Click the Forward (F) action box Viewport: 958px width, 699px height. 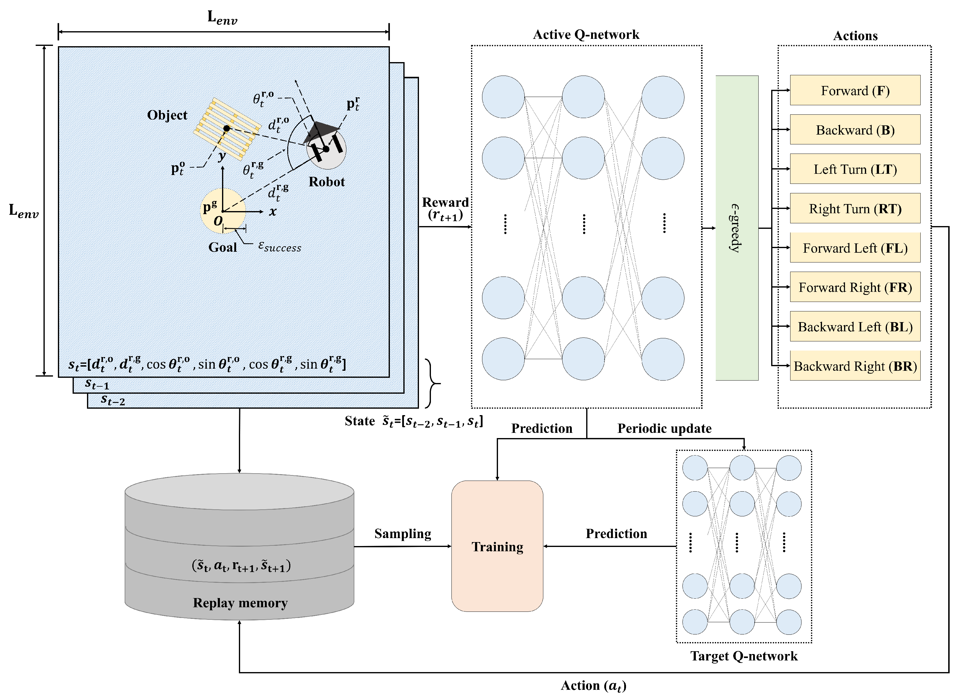855,90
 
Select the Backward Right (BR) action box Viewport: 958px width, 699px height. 855,366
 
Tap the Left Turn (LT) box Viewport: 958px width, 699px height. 855,169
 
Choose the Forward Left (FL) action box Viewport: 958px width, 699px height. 855,247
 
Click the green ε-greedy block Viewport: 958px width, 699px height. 737,228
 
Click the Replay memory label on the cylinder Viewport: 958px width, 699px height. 240,603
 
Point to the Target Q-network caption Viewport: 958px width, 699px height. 743,656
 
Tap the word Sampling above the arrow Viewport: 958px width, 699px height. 402,534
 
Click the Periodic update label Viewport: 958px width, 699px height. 664,428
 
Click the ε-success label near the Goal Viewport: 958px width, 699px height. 280,246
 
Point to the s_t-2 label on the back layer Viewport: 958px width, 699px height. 113,400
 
